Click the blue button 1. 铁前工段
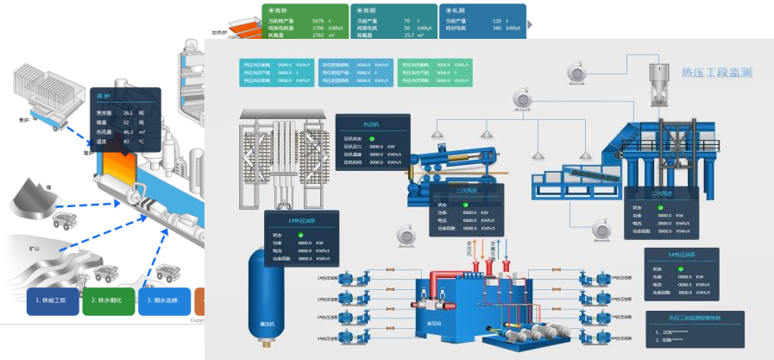click(x=53, y=300)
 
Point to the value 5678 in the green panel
click(x=318, y=20)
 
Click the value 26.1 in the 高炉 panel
click(x=128, y=113)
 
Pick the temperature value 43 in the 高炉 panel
click(x=126, y=142)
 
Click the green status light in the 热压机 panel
click(x=372, y=139)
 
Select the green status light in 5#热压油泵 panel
click(x=681, y=268)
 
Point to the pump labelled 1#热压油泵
click(x=350, y=278)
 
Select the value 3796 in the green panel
click(x=318, y=28)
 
